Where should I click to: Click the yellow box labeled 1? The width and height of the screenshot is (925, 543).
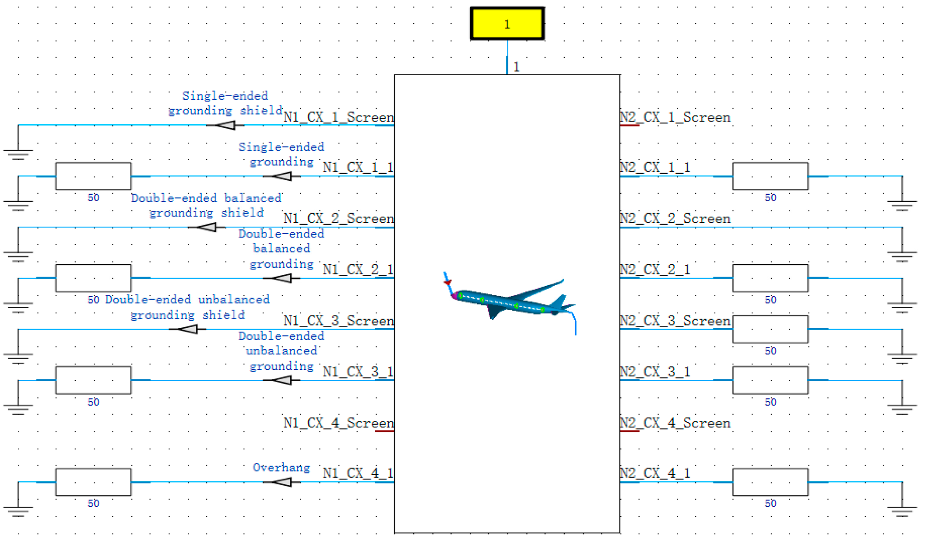click(507, 24)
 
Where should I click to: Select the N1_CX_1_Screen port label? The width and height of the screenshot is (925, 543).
click(338, 117)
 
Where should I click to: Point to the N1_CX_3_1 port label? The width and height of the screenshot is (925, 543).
click(358, 372)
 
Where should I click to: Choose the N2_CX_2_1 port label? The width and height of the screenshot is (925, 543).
click(655, 270)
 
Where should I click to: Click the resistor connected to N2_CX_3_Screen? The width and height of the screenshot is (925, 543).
click(770, 329)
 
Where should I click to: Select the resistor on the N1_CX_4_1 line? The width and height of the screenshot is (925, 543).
click(93, 482)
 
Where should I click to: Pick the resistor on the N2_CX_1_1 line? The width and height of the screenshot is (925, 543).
click(770, 176)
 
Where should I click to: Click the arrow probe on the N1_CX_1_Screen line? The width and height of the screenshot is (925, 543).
click(226, 125)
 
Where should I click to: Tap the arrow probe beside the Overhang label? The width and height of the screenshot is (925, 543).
click(282, 482)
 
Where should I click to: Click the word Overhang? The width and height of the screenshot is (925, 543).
click(281, 468)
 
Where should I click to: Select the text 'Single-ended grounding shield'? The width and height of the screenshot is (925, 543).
click(225, 103)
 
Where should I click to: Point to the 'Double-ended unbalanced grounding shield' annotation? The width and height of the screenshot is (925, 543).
click(187, 307)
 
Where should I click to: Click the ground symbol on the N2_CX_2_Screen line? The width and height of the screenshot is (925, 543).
click(902, 256)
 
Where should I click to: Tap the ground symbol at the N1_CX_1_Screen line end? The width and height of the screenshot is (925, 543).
click(18, 154)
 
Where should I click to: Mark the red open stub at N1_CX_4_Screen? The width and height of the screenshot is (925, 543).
click(384, 431)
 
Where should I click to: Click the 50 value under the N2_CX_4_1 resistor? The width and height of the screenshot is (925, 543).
click(770, 504)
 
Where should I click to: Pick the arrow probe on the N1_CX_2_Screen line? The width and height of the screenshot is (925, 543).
click(207, 228)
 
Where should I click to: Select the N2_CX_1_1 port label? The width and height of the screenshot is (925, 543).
click(655, 167)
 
